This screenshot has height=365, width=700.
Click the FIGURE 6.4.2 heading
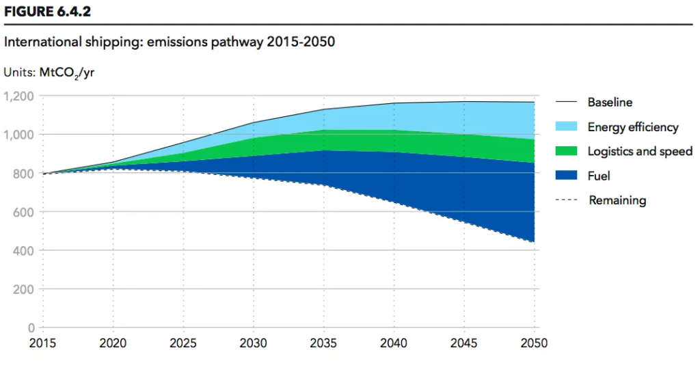[47, 12]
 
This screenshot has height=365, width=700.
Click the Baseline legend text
[610, 103]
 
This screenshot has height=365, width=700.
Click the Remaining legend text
[617, 200]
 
